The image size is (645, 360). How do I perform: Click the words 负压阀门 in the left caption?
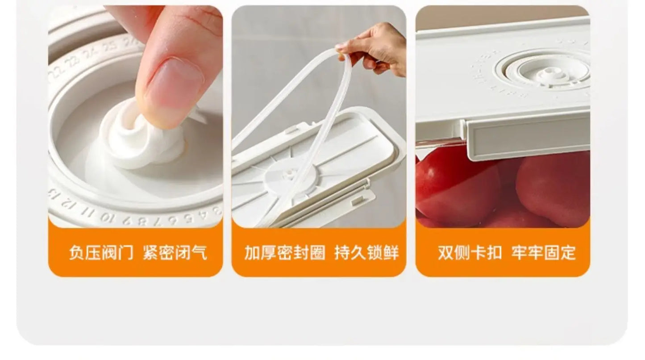101,253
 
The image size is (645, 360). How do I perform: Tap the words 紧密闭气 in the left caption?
175,253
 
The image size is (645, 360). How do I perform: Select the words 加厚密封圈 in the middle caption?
285,253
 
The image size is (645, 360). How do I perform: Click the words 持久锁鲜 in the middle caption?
366,253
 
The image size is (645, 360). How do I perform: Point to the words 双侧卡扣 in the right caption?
470,253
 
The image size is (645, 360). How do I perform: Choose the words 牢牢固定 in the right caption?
544,253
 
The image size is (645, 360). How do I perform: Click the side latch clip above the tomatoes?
527,139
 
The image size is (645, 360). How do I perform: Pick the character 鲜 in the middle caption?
391,253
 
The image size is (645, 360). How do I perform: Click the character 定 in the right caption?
568,253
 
